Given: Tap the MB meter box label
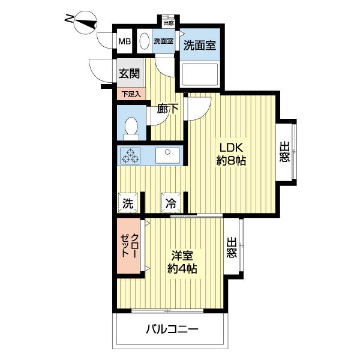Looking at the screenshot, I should pyautogui.click(x=124, y=42).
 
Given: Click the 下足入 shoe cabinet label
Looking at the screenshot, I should pyautogui.click(x=131, y=94).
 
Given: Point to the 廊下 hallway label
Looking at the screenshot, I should pyautogui.click(x=167, y=109).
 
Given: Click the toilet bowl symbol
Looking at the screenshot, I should pyautogui.click(x=131, y=127).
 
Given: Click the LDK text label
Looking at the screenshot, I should pyautogui.click(x=230, y=148).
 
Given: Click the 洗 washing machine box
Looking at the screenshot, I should pyautogui.click(x=128, y=203).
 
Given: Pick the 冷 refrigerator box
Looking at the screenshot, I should pyautogui.click(x=170, y=203).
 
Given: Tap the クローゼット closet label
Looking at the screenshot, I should pyautogui.click(x=130, y=247).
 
